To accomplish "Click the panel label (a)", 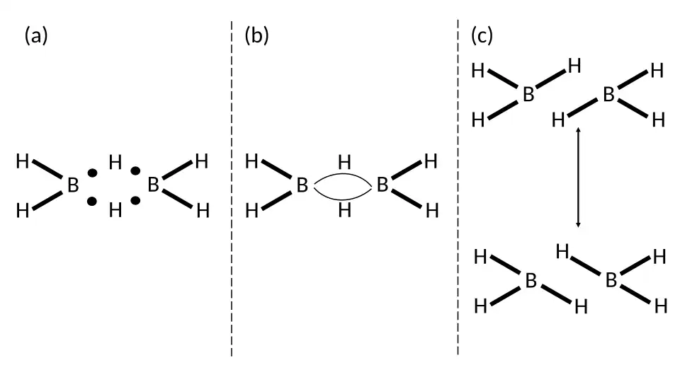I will [x=36, y=35].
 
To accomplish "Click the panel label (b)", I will [x=256, y=35].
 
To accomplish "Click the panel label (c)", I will [x=482, y=35].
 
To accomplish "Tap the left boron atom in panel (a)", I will [x=73, y=186].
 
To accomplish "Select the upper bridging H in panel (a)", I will [x=115, y=163].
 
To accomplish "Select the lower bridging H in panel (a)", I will [x=115, y=209].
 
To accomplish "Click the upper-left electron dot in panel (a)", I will [x=92, y=173].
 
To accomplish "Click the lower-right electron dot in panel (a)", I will [x=135, y=201].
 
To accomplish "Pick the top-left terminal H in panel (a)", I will [x=23, y=162].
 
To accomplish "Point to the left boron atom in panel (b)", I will [x=302, y=186].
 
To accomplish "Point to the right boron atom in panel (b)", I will [x=382, y=185].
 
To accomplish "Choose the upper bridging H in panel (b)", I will [x=344, y=162].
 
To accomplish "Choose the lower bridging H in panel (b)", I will [x=344, y=210].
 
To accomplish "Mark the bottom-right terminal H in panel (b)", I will [x=431, y=210].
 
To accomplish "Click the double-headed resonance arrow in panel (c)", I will [x=579, y=177].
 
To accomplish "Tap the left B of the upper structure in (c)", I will [x=528, y=95].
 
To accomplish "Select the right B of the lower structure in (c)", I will [x=611, y=281].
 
